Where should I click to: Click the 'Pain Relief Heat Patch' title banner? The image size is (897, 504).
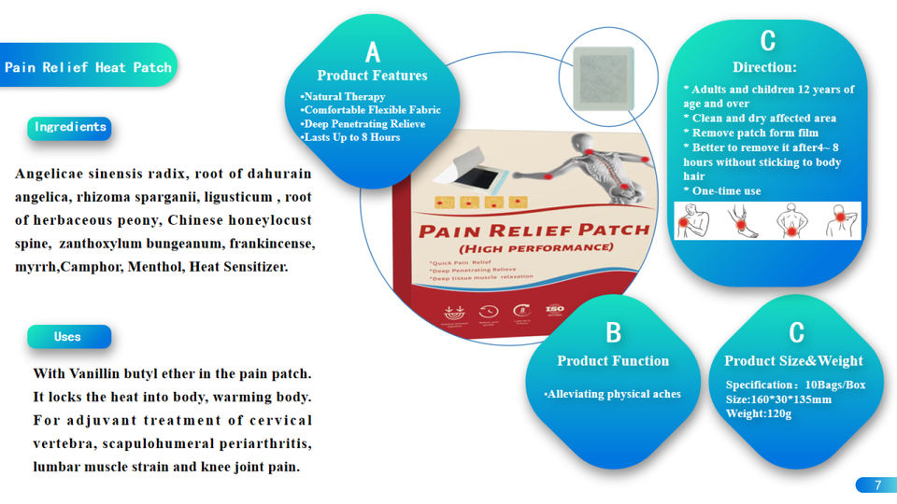[88, 67]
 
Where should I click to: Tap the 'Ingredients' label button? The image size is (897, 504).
[70, 128]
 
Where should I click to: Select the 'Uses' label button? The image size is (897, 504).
[68, 337]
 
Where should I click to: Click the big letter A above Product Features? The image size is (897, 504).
[373, 52]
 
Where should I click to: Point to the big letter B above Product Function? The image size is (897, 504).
[613, 332]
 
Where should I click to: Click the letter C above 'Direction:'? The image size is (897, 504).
[767, 41]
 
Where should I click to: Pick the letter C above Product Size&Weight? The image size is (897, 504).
[796, 332]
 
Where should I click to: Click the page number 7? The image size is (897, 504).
[877, 484]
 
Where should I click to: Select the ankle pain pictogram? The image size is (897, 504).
[744, 221]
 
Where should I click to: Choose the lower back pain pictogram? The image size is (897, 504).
[791, 221]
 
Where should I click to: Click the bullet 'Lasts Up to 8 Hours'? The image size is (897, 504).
[350, 137]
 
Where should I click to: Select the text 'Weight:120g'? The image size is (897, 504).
[759, 413]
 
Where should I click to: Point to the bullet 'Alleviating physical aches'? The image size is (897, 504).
[613, 394]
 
